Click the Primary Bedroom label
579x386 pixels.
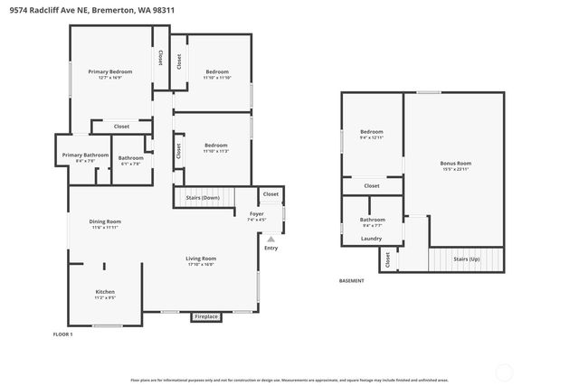point(109,71)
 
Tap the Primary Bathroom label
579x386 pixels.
point(85,155)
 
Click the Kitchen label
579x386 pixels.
point(105,291)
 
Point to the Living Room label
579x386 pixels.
point(201,258)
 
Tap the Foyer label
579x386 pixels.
point(256,213)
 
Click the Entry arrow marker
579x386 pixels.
point(271,239)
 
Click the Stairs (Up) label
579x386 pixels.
point(467,258)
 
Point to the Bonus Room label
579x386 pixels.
point(455,164)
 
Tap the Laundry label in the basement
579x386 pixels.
point(371,239)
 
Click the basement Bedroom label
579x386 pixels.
point(372,132)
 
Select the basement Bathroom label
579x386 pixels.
point(372,219)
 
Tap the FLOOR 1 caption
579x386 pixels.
point(63,334)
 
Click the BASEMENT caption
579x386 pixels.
point(352,280)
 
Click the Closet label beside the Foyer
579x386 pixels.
point(271,193)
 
